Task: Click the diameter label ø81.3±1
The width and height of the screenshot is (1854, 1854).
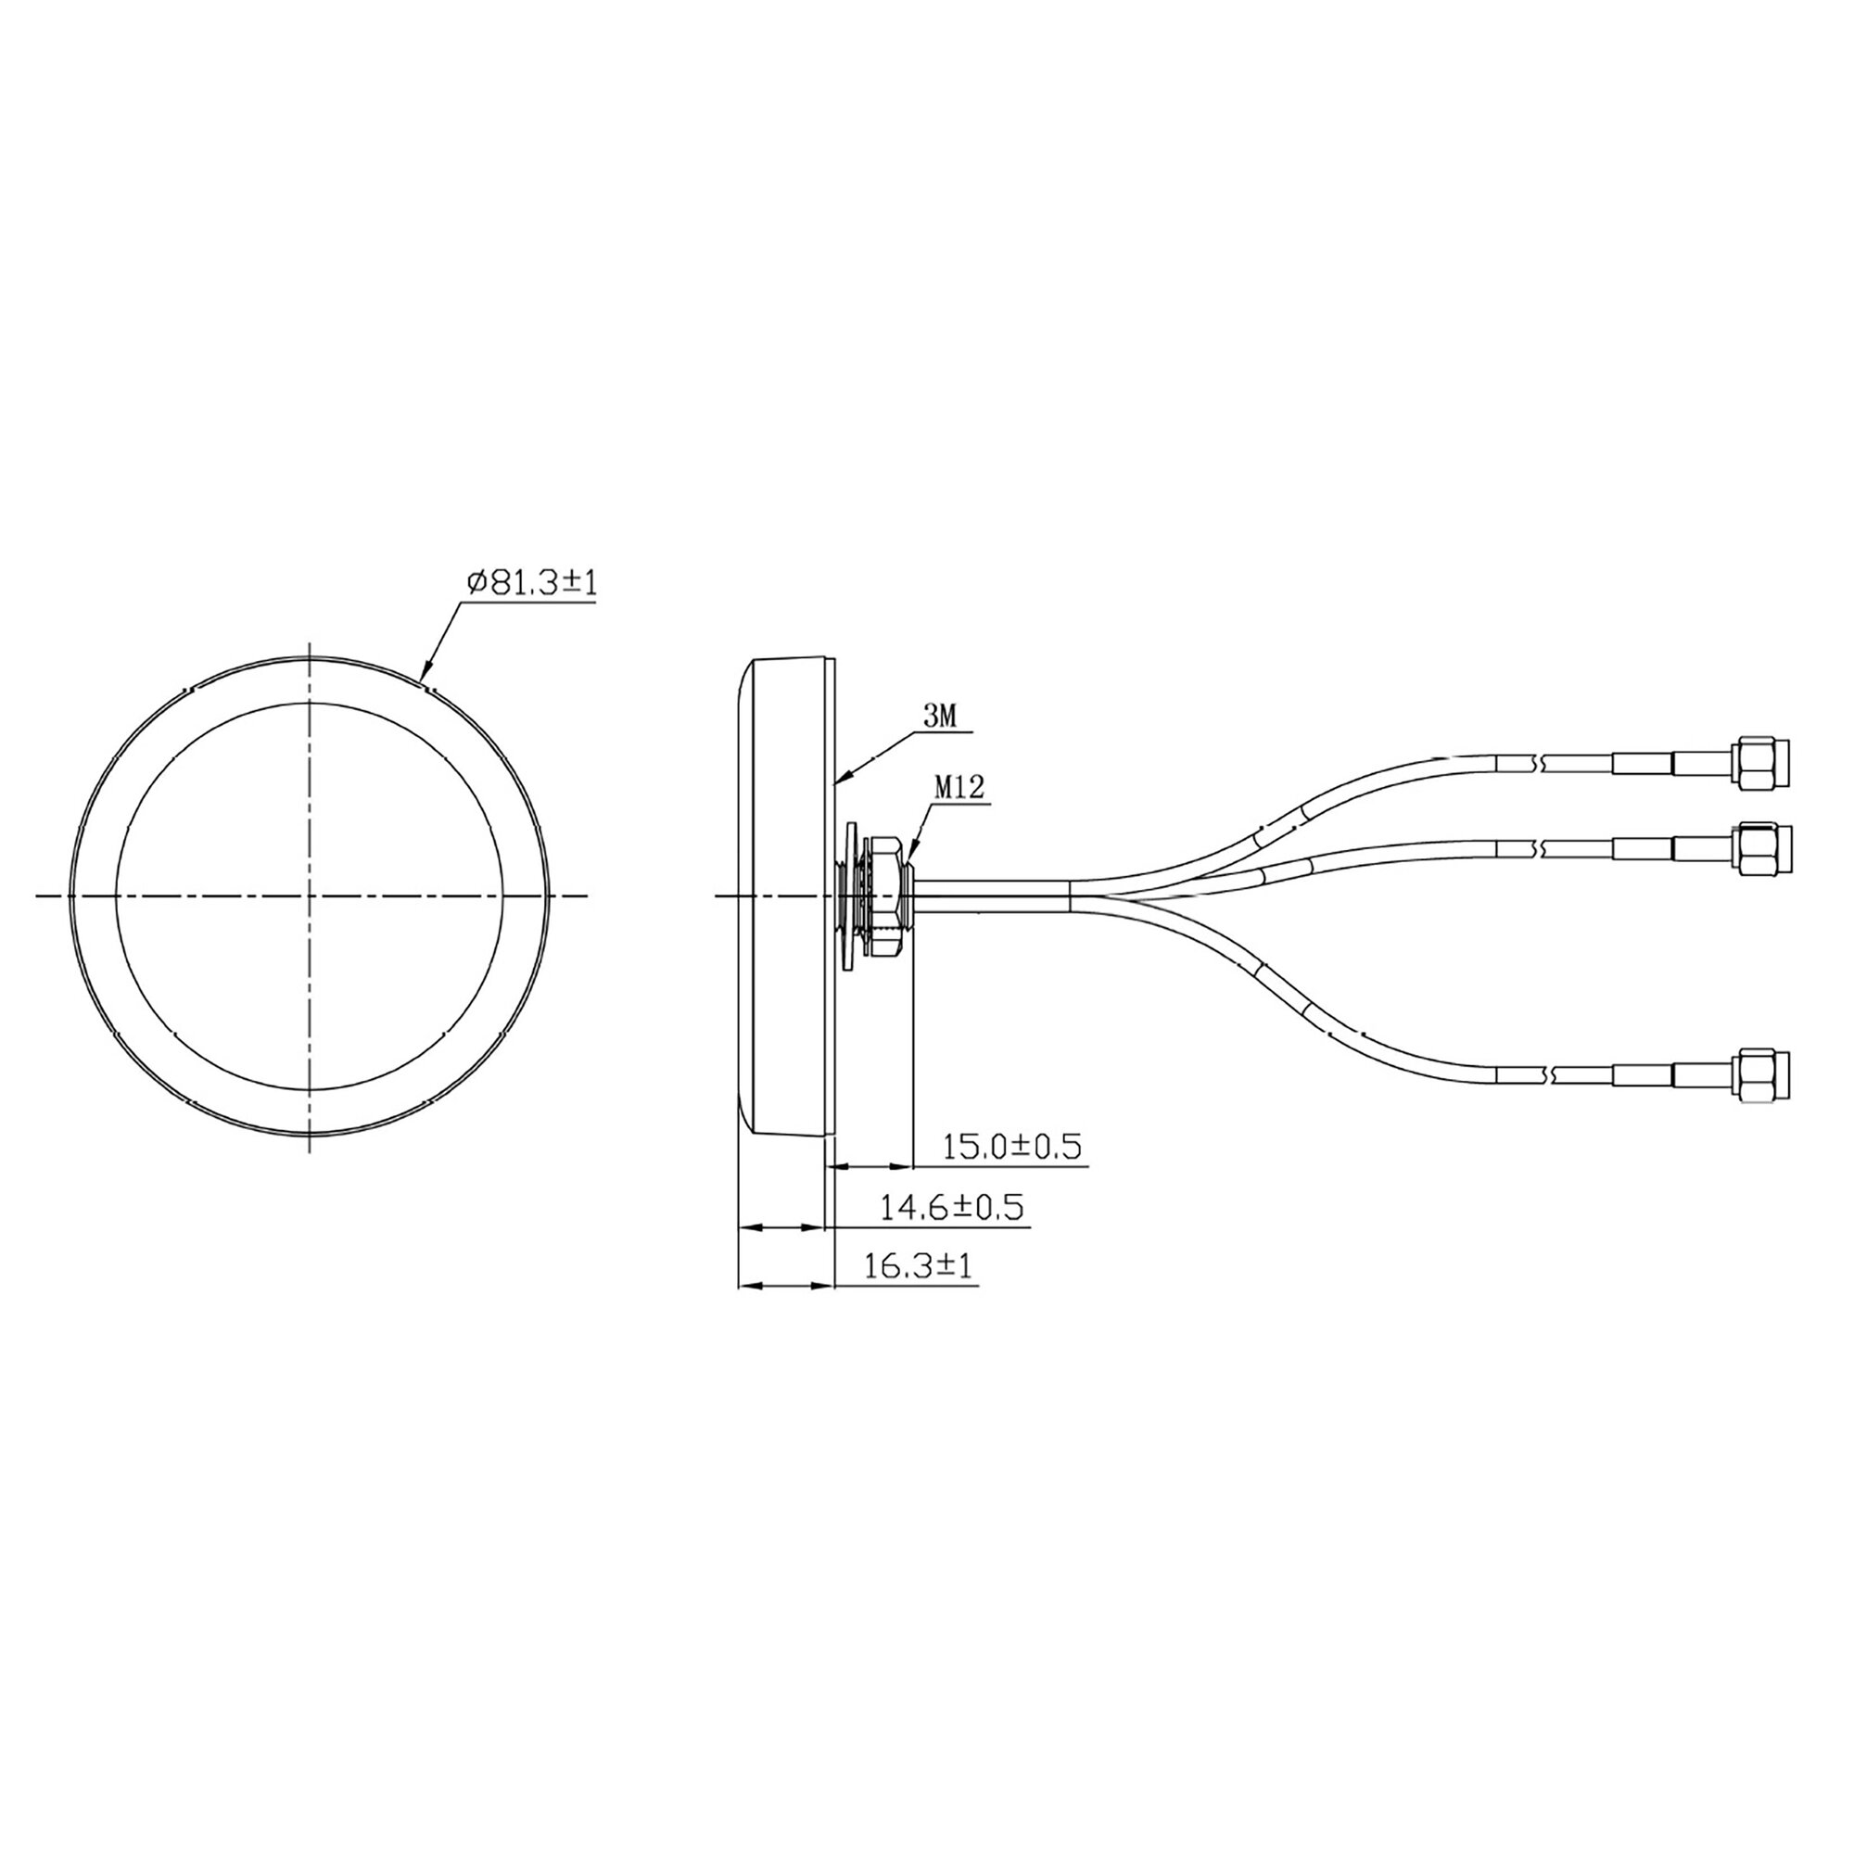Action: point(530,582)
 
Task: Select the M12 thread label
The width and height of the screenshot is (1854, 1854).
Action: point(959,789)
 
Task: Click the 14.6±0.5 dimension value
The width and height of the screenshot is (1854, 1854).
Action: point(952,1206)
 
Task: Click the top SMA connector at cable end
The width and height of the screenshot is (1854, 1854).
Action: point(1763,764)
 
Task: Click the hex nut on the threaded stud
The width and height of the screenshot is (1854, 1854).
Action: point(883,895)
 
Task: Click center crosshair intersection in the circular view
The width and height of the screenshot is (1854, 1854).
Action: point(310,895)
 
